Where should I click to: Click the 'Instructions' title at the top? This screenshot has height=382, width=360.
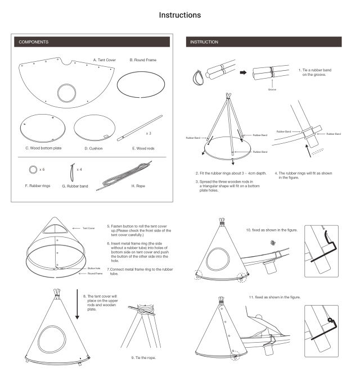coord(180,15)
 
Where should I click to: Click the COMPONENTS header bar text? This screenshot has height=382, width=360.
coord(33,42)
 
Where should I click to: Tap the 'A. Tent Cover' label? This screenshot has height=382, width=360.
coord(105,59)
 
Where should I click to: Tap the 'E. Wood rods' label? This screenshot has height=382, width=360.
coord(143,148)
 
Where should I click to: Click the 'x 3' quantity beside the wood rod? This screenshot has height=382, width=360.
coord(149,134)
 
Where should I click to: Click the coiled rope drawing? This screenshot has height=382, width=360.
coord(127,174)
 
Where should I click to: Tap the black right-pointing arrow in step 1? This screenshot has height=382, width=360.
coord(242,72)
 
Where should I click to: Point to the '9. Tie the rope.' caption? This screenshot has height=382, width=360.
coord(143,357)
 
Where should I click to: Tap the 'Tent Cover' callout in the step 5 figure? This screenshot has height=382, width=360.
coord(89,228)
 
